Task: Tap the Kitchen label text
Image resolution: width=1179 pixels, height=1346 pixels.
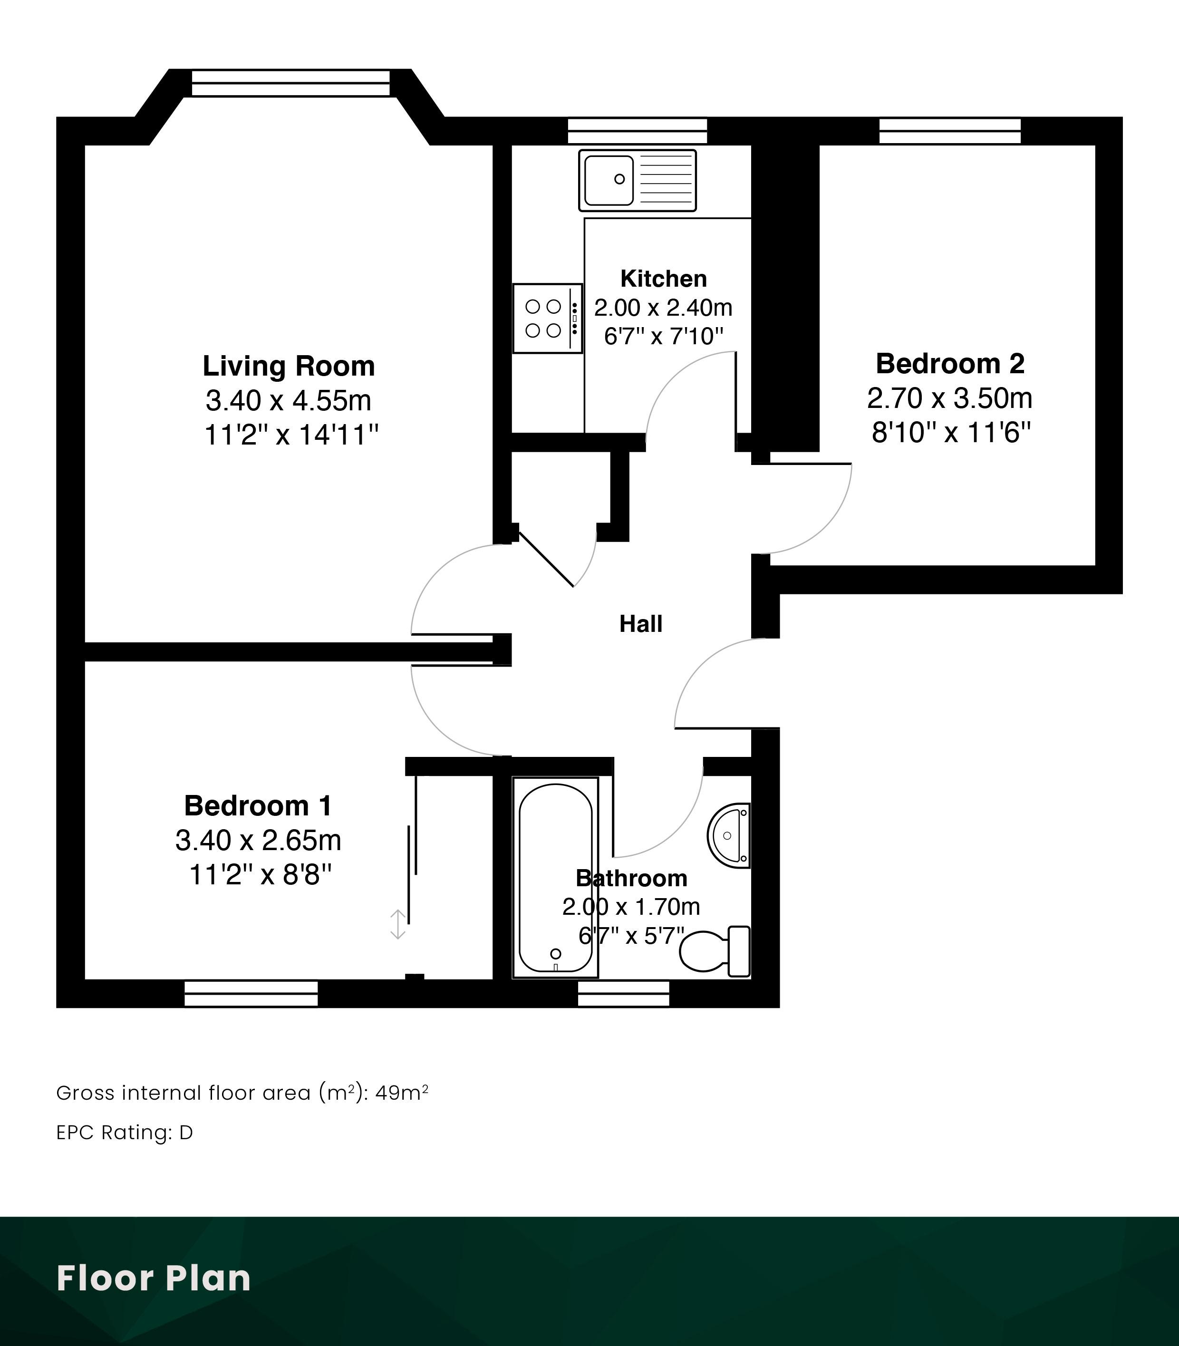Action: tap(663, 279)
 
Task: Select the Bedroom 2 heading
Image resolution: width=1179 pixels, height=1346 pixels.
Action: tap(950, 364)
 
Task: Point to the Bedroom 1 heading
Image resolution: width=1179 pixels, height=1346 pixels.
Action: tap(258, 806)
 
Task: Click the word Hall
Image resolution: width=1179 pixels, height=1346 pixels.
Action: tap(640, 624)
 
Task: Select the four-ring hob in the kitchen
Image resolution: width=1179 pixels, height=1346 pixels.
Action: tap(547, 319)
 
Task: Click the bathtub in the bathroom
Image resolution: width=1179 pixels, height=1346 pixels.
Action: tap(555, 878)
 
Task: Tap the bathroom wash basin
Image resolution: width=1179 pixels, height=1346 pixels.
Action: tap(729, 835)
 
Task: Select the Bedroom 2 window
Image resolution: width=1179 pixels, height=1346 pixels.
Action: tap(950, 131)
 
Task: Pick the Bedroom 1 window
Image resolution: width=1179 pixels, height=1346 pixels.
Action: tap(251, 994)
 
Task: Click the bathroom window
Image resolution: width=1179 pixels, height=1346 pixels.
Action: tap(624, 994)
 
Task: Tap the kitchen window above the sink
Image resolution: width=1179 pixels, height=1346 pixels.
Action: tap(638, 131)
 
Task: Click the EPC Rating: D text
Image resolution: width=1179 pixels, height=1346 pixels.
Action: tap(125, 1133)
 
